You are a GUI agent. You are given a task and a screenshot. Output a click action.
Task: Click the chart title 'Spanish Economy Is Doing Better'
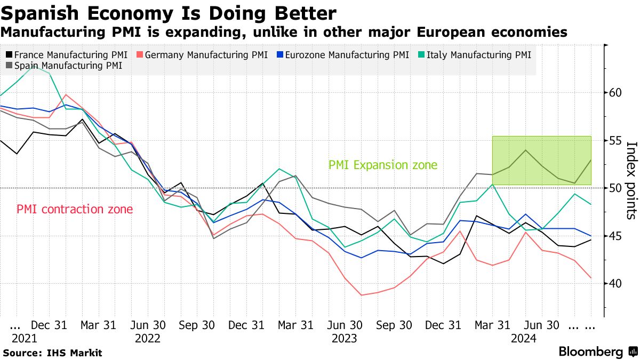(170, 13)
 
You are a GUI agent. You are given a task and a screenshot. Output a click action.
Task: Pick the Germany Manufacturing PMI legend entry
(203, 55)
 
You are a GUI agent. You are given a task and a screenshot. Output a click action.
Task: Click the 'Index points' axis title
(630, 180)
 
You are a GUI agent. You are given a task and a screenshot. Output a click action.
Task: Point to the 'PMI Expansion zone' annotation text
(382, 165)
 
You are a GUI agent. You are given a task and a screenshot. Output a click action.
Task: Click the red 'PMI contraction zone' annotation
(75, 209)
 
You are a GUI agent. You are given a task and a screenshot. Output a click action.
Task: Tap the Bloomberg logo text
(590, 352)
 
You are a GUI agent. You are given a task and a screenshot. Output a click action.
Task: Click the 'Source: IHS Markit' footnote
(52, 353)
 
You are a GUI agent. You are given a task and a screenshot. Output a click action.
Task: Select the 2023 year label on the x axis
(345, 338)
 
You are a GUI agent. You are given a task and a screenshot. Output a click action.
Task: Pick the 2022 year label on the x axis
(149, 338)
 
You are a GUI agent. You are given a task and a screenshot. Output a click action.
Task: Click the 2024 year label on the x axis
(524, 338)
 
